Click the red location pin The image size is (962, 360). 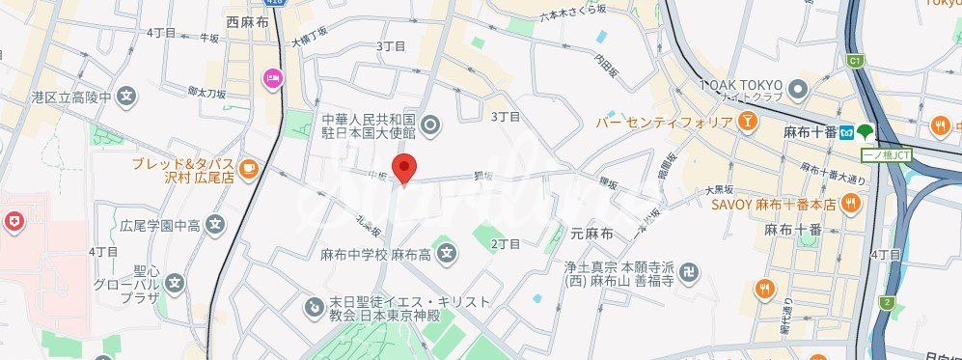405,167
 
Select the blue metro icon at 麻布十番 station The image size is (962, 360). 845,131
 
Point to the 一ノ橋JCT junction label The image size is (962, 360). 886,155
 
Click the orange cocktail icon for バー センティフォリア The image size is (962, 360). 746,123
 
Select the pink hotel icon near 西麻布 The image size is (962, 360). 272,78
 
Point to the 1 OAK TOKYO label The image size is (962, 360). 740,85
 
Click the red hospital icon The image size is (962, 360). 13,223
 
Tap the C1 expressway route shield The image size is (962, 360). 853,62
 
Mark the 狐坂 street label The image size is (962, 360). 483,176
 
